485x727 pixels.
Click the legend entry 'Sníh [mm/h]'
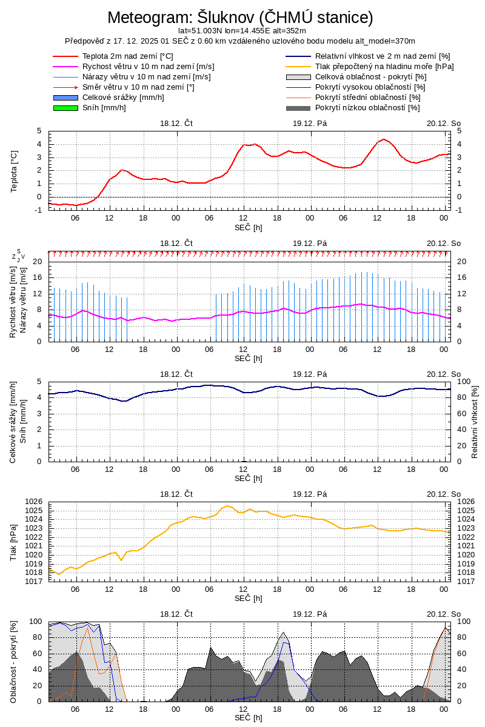[104, 108]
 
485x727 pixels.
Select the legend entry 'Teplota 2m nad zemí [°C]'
[128, 56]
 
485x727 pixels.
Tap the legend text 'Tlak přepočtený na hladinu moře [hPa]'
[384, 67]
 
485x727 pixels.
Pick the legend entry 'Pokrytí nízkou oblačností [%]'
[367, 108]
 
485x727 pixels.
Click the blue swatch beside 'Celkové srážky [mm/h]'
[66, 98]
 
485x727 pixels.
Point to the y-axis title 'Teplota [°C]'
[15, 170]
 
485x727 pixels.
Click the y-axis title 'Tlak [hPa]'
[15, 542]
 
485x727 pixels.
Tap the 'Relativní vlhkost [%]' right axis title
[475, 421]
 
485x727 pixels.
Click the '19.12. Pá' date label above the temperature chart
[310, 123]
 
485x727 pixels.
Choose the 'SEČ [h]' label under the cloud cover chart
[249, 718]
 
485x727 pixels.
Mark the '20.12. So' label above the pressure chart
[443, 494]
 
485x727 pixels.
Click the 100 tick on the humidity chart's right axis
[463, 382]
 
